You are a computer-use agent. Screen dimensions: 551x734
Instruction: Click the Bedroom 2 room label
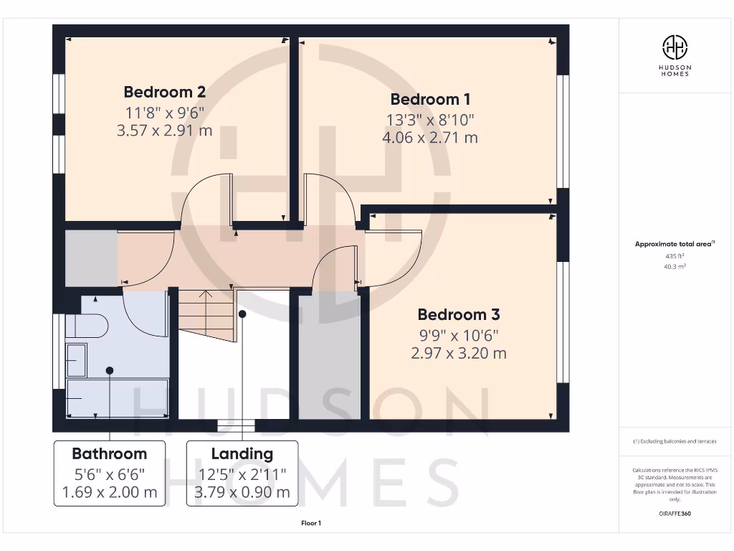165,92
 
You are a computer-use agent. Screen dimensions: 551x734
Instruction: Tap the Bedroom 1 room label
430,99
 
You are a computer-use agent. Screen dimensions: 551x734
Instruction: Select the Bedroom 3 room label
459,314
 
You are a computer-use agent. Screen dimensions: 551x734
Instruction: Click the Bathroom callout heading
109,453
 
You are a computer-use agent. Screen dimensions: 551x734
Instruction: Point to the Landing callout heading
242,453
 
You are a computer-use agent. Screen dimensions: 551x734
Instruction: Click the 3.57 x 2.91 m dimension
165,131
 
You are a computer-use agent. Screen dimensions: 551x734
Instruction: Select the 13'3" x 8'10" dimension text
430,119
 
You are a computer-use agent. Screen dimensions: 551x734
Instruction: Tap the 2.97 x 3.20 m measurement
459,353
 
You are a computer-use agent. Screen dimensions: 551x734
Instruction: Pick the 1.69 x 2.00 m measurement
109,492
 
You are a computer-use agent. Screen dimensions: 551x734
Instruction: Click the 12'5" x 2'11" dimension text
242,474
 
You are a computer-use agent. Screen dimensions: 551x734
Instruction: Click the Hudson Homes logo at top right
675,48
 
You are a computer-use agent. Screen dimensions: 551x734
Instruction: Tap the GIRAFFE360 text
675,514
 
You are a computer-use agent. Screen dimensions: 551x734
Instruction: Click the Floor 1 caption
311,524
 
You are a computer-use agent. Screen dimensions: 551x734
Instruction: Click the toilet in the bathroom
87,326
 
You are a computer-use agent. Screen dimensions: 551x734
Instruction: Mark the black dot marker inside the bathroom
110,370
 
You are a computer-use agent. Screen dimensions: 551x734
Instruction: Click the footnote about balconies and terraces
675,441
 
